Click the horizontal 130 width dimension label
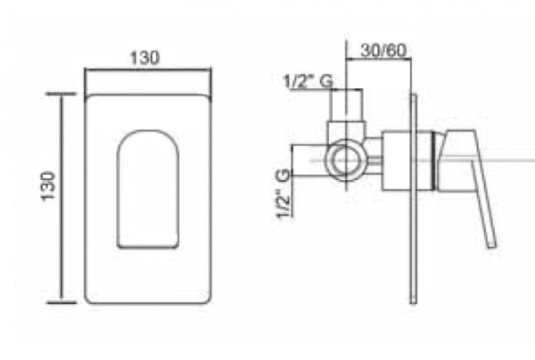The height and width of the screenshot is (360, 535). coord(144,58)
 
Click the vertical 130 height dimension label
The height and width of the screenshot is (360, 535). coord(48,186)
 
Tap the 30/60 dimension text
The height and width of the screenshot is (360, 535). coord(383,51)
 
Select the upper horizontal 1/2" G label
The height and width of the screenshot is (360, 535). coord(308,81)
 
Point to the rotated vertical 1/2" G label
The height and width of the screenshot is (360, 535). coord(284,193)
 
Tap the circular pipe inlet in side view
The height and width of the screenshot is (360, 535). coord(346,160)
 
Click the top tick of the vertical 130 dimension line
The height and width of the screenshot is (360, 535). coord(61,94)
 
